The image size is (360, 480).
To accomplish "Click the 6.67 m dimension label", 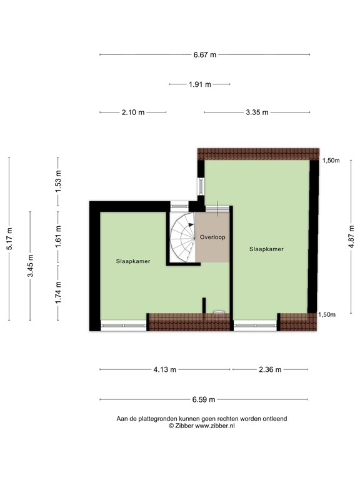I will [204, 54].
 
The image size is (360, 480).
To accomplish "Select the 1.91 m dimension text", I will [200, 84].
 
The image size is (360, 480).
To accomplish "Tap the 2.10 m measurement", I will [132, 112].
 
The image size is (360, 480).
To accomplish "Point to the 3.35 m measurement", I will [256, 112].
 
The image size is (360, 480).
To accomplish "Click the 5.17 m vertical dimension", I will [9, 238].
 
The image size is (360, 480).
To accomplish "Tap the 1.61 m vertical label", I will [57, 238].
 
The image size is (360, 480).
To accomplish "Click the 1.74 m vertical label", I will [57, 292].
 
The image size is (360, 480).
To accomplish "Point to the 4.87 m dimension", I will [351, 238].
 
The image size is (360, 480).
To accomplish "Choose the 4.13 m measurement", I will [164, 369].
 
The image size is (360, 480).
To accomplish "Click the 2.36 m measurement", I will [270, 369].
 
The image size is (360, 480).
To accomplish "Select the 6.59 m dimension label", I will [204, 399].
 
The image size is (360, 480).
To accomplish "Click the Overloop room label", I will [212, 237].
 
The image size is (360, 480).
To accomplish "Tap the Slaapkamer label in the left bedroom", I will [132, 261].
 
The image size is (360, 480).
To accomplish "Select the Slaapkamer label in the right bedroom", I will [266, 248].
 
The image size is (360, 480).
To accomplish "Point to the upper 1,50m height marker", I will [331, 161].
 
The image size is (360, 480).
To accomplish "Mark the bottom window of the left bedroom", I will [123, 324].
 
